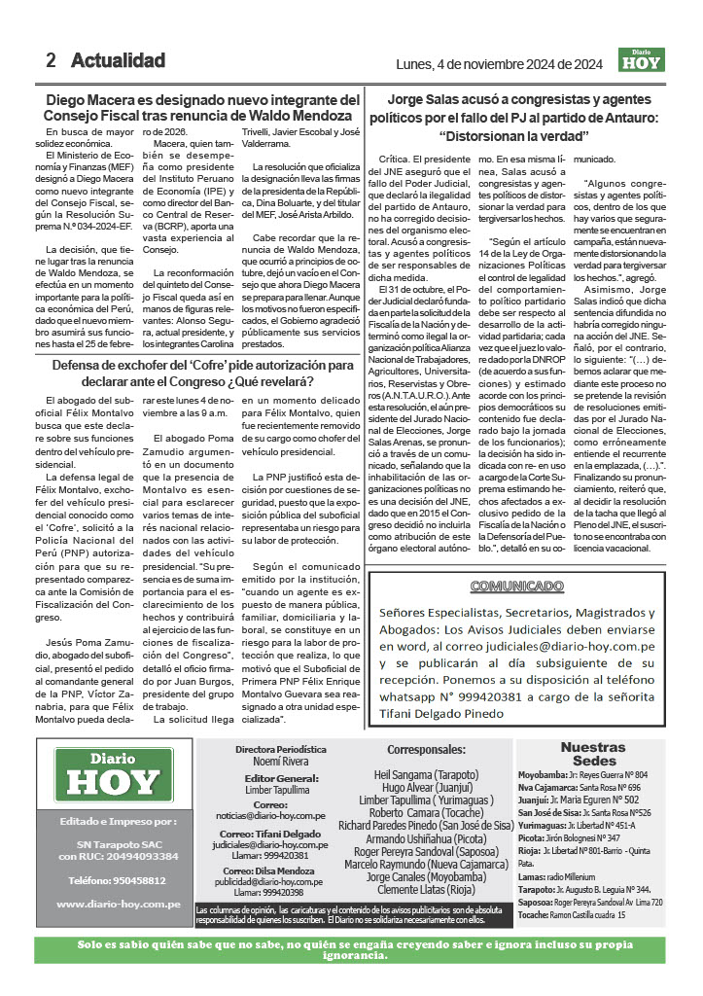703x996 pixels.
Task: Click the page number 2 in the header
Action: click(51, 60)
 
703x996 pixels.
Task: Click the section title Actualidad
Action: click(118, 60)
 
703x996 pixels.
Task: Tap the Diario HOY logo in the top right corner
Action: click(642, 59)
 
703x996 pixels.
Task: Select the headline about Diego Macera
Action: click(202, 108)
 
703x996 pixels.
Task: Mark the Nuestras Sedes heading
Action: click(594, 753)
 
